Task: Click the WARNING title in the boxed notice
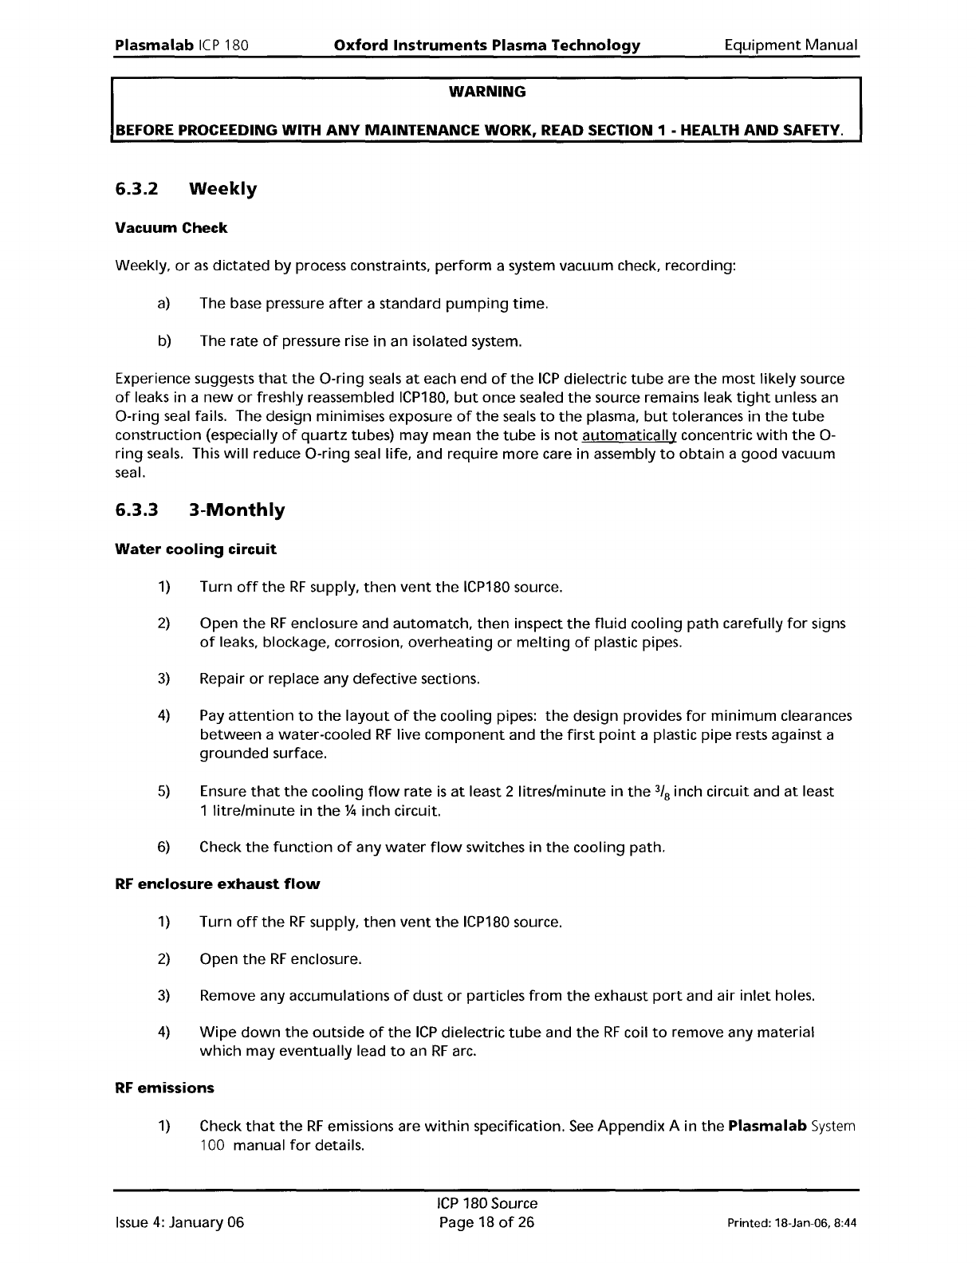click(487, 92)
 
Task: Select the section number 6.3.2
click(137, 189)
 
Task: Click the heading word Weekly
click(222, 189)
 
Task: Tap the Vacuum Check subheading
click(171, 228)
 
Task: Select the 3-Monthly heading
click(236, 510)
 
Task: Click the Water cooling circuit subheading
click(196, 549)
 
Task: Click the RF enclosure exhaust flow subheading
click(218, 883)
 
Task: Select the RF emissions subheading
click(165, 1088)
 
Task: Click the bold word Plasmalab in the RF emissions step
click(766, 1126)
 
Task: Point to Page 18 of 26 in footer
click(487, 1222)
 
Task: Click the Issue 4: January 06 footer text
click(179, 1222)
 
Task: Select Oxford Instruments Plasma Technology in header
click(486, 45)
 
